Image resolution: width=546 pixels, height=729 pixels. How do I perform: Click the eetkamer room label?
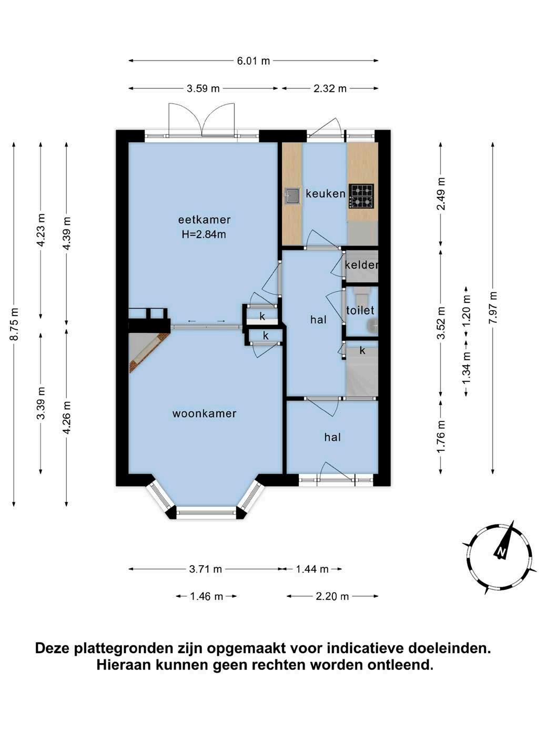[204, 220]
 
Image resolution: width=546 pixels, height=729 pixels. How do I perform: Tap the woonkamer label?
[204, 413]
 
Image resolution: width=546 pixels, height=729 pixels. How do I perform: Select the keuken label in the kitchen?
[326, 194]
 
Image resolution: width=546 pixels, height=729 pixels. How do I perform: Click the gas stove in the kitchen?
[361, 196]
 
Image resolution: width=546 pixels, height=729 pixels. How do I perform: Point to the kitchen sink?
[292, 195]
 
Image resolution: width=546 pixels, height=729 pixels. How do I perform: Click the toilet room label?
[360, 310]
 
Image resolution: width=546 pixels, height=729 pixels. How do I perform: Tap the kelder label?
[361, 265]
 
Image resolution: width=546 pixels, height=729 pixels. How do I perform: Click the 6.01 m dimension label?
[254, 61]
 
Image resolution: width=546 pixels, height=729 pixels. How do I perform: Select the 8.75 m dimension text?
[14, 324]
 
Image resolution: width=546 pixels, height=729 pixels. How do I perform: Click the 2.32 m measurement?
[330, 88]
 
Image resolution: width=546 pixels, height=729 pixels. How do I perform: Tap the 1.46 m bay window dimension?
[206, 596]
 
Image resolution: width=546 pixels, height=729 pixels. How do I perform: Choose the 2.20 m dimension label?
[332, 596]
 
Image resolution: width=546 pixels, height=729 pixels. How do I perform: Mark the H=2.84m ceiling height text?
[204, 234]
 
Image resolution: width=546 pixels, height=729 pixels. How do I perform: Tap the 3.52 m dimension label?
[441, 322]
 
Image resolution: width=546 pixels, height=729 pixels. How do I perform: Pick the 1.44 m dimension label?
[312, 569]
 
